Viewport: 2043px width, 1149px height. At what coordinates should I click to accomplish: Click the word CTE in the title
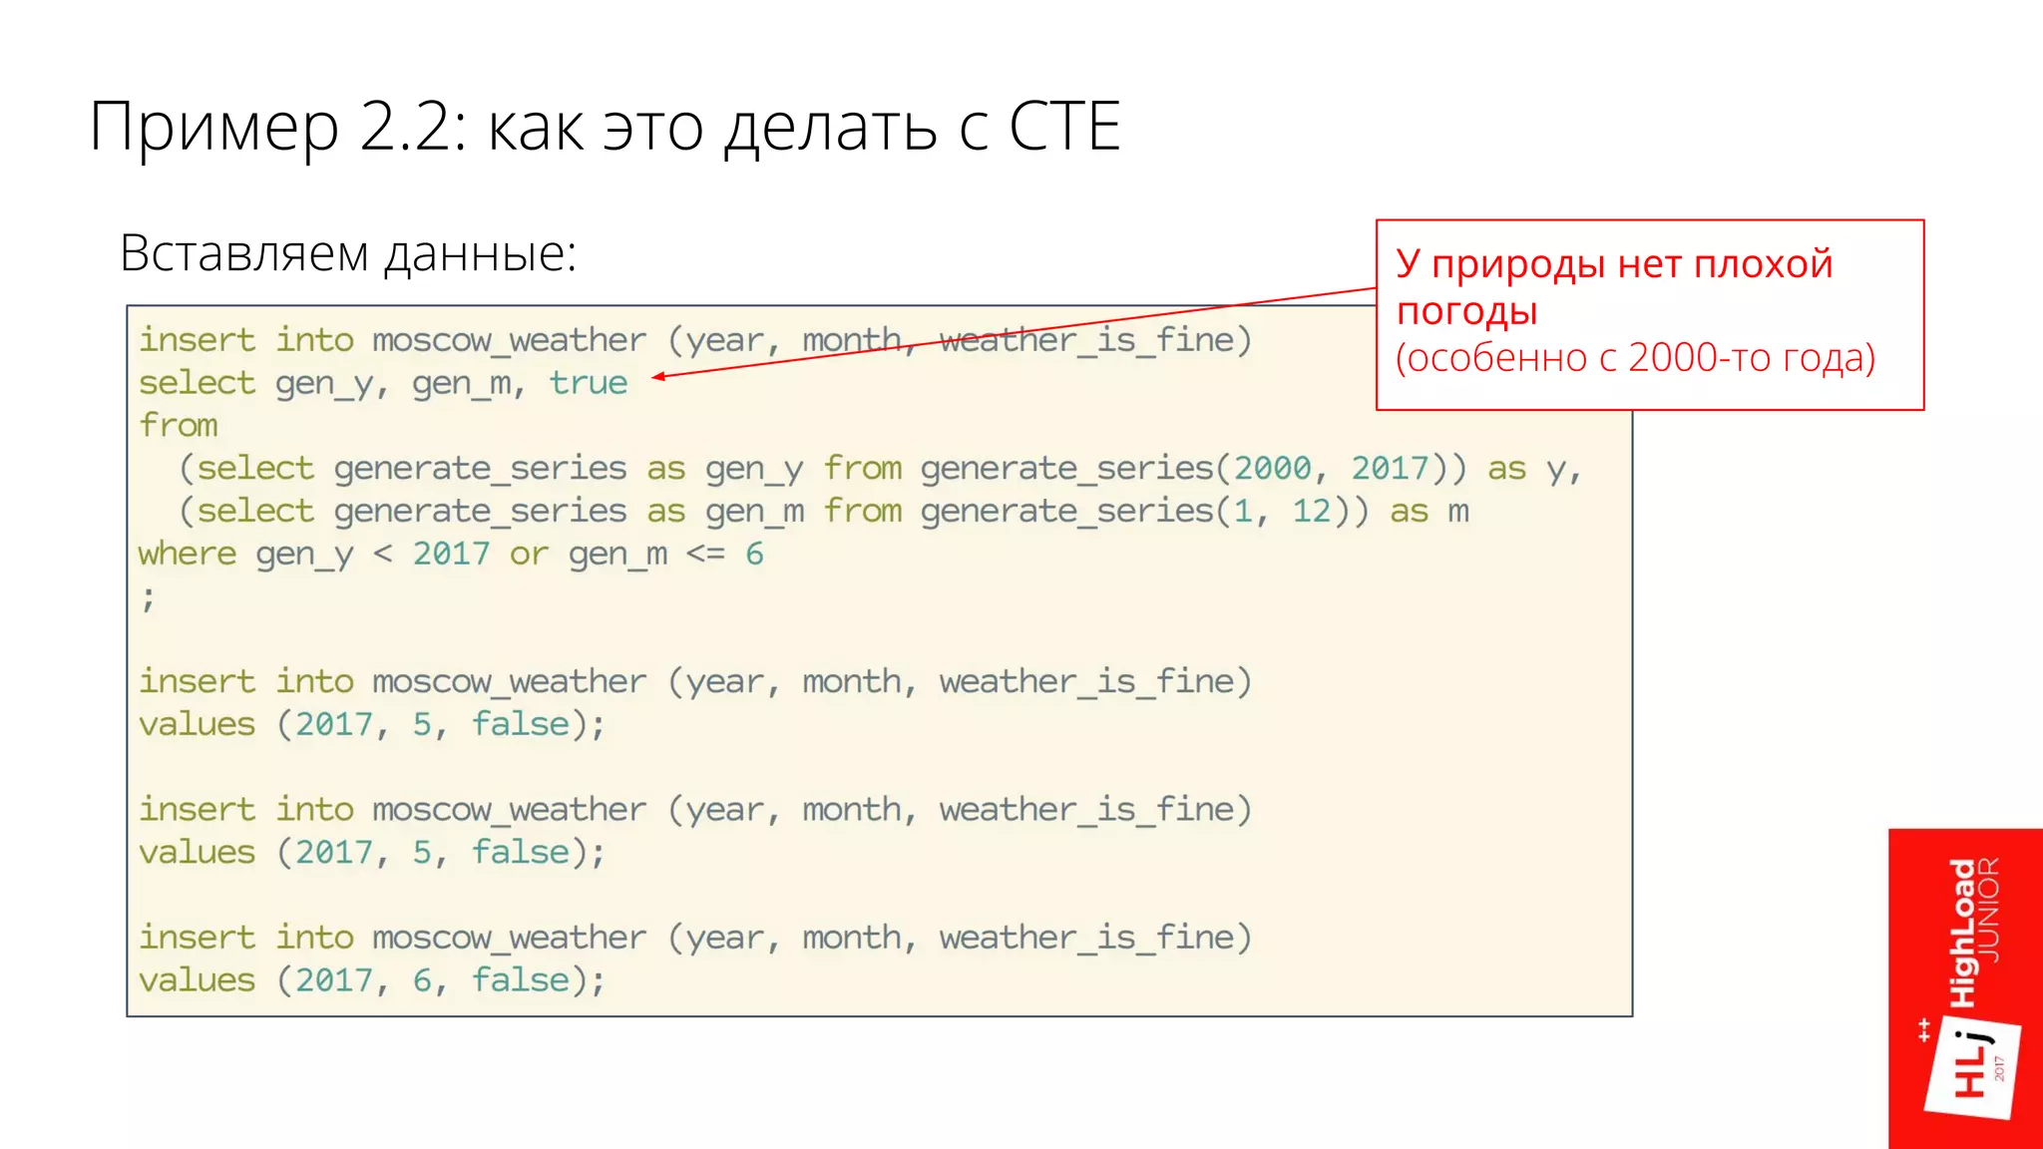point(1064,127)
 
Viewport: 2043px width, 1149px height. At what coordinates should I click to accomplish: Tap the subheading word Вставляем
point(244,253)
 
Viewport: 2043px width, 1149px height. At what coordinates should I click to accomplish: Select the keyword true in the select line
point(589,383)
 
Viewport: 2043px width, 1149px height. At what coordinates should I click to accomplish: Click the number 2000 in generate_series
point(1272,468)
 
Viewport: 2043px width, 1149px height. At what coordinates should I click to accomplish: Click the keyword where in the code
point(188,554)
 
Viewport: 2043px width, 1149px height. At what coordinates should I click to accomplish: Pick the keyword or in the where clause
point(529,554)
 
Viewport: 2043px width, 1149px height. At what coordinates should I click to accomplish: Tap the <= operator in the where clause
point(705,554)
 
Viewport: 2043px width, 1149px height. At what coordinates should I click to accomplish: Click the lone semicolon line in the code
point(148,598)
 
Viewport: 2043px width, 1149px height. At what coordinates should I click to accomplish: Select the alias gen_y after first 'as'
point(753,469)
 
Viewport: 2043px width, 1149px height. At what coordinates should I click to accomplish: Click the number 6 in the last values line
point(422,980)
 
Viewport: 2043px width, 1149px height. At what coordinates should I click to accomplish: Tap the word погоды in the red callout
point(1466,311)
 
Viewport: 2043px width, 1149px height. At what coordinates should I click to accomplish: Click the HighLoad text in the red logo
point(1962,933)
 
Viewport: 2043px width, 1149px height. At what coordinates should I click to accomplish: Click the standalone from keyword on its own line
point(179,426)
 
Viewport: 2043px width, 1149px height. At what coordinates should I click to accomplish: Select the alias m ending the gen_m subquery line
point(1458,511)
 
